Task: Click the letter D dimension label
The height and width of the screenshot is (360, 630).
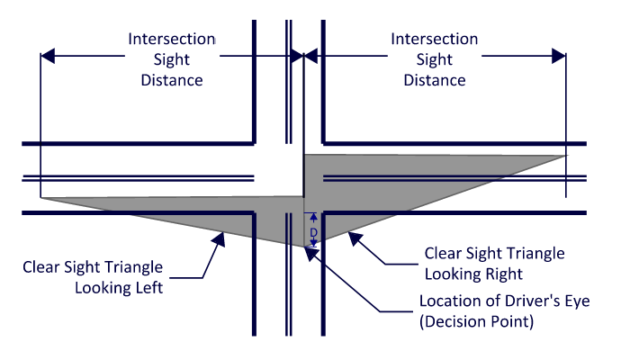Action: (313, 231)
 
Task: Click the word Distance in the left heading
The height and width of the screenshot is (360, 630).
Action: (171, 80)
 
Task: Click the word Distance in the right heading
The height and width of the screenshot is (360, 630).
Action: (435, 80)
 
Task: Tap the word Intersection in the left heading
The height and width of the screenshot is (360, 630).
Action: (171, 40)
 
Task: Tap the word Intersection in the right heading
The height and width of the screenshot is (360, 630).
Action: (435, 40)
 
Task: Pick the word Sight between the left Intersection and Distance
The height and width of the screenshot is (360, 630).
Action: (171, 60)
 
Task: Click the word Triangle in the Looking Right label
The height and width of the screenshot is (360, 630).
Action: (535, 253)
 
